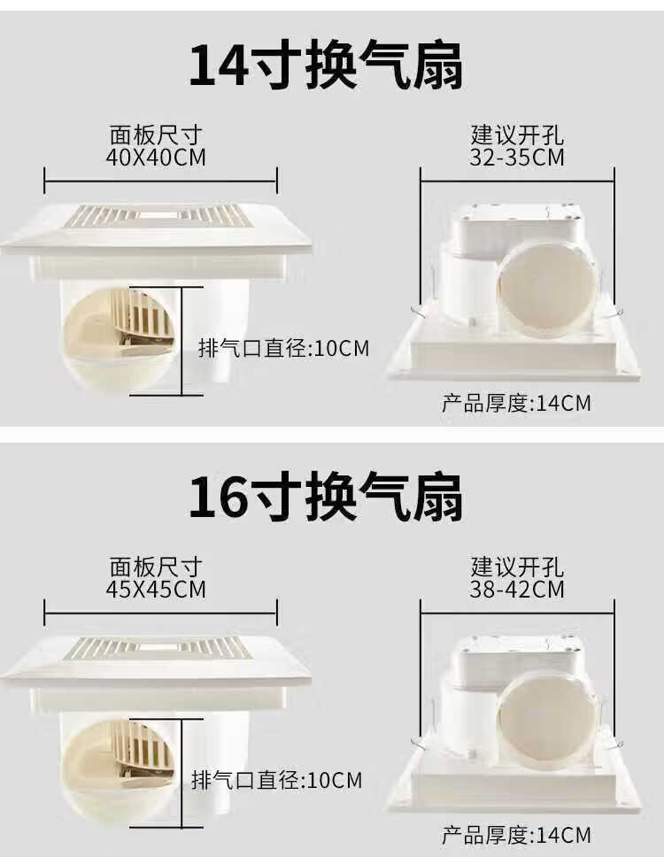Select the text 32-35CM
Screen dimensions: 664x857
point(518,158)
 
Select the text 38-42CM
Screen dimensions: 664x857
point(518,589)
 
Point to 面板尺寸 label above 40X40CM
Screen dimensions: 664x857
point(157,135)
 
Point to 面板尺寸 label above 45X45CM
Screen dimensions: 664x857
point(157,567)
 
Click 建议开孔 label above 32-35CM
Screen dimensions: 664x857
point(518,135)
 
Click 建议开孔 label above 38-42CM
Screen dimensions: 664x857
point(518,567)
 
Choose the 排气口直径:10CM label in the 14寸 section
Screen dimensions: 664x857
point(283,348)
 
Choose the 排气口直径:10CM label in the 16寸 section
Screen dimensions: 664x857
point(277,780)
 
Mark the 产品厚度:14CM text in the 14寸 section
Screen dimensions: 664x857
point(516,404)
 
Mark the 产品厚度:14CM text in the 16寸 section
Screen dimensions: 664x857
point(516,835)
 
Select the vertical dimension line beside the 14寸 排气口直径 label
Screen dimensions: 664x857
point(181,341)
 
